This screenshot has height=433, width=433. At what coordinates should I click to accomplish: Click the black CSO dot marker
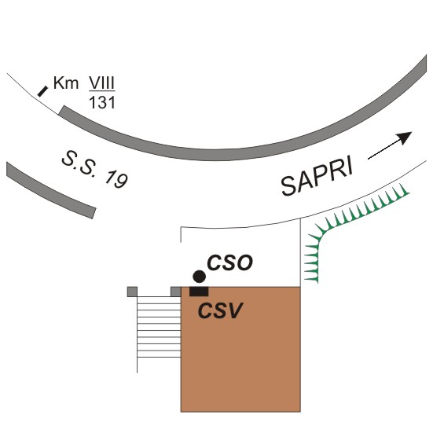pyautogui.click(x=199, y=277)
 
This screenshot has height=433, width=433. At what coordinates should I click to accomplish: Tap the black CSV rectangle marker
pyautogui.click(x=199, y=292)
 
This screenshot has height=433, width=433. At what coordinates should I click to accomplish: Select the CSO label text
pyautogui.click(x=229, y=262)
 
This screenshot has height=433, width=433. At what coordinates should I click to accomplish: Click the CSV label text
pyautogui.click(x=220, y=310)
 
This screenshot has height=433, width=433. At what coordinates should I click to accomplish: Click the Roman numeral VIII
pyautogui.click(x=102, y=83)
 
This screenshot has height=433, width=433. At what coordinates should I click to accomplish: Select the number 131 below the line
pyautogui.click(x=102, y=103)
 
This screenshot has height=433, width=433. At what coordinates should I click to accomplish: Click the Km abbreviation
pyautogui.click(x=66, y=83)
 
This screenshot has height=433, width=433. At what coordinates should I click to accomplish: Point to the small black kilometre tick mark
pyautogui.click(x=42, y=91)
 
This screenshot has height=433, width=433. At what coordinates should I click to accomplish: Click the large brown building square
pyautogui.click(x=240, y=350)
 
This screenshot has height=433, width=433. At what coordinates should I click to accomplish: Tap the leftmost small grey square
pyautogui.click(x=132, y=292)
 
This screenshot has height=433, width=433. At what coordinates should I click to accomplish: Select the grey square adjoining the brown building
pyautogui.click(x=175, y=292)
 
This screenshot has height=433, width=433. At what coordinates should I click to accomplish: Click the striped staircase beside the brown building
pyautogui.click(x=159, y=327)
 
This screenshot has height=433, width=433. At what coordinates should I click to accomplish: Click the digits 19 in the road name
pyautogui.click(x=116, y=179)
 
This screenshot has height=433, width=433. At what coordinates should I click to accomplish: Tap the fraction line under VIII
pyautogui.click(x=102, y=91)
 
